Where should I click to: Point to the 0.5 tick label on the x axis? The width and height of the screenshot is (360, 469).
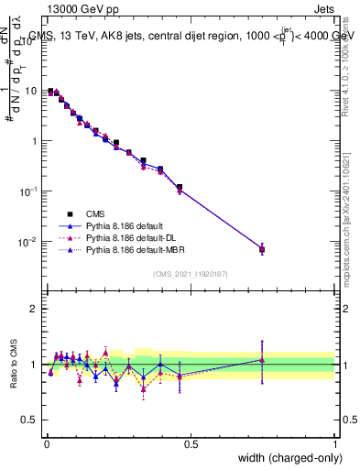191,444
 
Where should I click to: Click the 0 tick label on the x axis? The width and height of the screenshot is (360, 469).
46,444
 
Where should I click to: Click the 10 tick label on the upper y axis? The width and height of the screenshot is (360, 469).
30,91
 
